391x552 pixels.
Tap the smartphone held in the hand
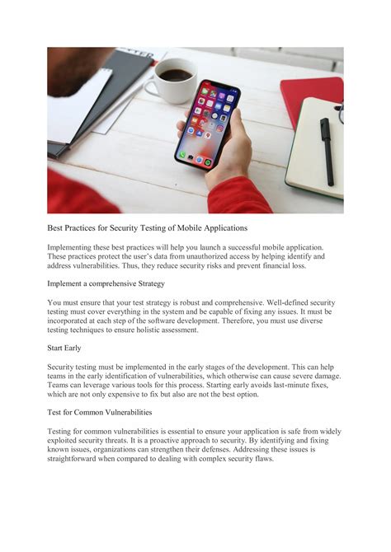[208, 124]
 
